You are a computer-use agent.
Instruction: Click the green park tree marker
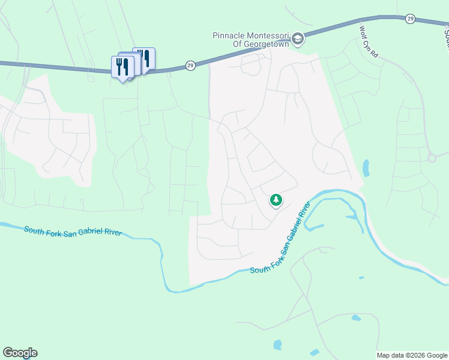click(x=276, y=200)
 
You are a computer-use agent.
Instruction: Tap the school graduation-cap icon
click(x=298, y=40)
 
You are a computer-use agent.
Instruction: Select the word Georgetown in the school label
click(x=267, y=44)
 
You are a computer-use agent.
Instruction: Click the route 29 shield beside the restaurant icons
click(x=190, y=65)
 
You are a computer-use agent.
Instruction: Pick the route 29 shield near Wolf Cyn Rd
click(x=410, y=19)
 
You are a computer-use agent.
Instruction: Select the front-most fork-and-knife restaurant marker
click(x=122, y=67)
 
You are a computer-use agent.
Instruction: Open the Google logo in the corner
click(x=20, y=353)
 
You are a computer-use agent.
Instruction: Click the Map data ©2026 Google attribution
click(x=412, y=355)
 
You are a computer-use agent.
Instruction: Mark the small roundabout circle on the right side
click(x=432, y=158)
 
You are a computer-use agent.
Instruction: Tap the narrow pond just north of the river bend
click(x=366, y=167)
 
